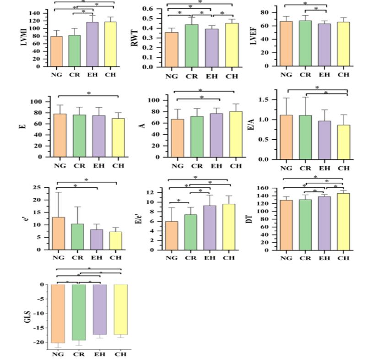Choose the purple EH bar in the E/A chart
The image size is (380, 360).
[325, 140]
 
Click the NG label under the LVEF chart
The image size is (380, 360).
[286, 75]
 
